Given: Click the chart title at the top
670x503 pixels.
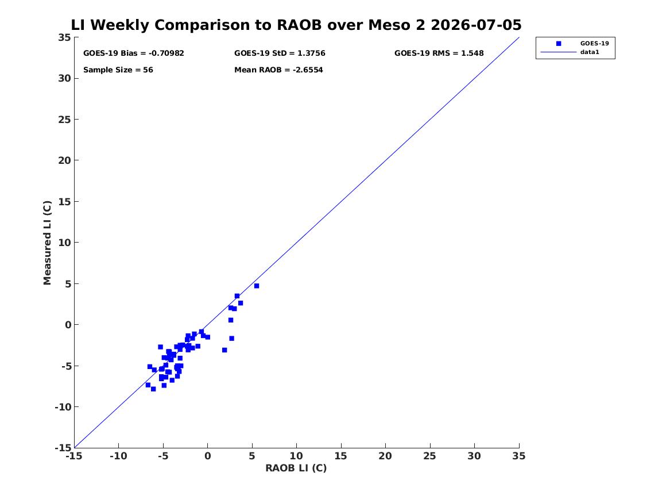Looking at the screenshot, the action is (x=296, y=25).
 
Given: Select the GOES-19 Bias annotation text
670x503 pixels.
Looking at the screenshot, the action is (x=134, y=53).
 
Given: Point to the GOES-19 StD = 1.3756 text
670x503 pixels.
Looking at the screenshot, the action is (x=280, y=53).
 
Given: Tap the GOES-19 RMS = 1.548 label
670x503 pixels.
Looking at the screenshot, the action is (x=439, y=53).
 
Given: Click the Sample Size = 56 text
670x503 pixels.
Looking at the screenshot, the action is (x=118, y=70).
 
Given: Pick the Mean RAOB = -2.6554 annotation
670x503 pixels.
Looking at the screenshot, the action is (x=278, y=70).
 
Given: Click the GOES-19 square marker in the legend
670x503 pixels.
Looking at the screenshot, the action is (x=559, y=43).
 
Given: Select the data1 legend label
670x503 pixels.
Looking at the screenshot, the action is (x=590, y=52).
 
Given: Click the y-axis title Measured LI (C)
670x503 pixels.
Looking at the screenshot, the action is (x=47, y=243).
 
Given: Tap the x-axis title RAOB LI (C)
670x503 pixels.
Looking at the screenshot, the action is (x=296, y=468).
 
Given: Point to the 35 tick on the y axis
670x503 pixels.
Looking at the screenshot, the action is (x=64, y=37).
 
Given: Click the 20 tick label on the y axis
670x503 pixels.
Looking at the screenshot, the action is (x=64, y=160).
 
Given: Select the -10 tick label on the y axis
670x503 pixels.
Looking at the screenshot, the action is (x=63, y=407).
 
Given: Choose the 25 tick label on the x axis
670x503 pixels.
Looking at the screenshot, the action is (x=430, y=456).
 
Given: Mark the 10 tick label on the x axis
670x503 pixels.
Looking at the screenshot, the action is (x=297, y=456).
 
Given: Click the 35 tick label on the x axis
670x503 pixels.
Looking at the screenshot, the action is (x=519, y=456).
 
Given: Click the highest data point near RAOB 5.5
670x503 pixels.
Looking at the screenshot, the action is (x=257, y=286).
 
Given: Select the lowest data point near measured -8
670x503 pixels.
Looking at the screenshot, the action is (x=153, y=389).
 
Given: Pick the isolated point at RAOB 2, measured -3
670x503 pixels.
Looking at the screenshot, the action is (x=224, y=350).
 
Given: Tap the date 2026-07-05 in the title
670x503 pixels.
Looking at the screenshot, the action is (x=476, y=25).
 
